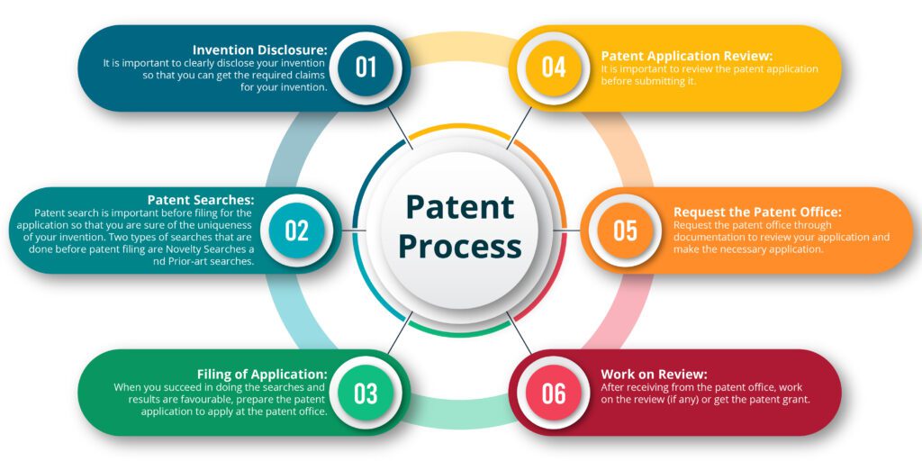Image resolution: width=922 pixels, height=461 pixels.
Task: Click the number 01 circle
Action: click(366, 68)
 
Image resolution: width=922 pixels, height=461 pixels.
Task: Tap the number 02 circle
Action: click(297, 230)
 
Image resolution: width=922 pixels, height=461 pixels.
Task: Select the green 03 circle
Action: click(366, 393)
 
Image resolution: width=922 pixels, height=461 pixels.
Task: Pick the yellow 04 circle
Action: click(554, 68)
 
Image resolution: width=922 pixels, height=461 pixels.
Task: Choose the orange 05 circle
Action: click(625, 230)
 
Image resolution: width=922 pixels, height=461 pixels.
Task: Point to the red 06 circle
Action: click(554, 393)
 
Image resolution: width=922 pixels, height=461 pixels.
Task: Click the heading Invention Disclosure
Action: click(260, 50)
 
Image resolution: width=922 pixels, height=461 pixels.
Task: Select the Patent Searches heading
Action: click(201, 200)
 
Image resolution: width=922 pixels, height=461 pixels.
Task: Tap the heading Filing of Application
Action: click(262, 375)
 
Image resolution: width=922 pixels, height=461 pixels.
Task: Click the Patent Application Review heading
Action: click(686, 57)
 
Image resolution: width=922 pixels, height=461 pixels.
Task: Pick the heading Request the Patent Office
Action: click(757, 212)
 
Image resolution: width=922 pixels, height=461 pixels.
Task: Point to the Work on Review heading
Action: click(654, 375)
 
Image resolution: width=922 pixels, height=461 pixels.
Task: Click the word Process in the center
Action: click(460, 247)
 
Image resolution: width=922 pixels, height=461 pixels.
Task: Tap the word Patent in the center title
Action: click(460, 207)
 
